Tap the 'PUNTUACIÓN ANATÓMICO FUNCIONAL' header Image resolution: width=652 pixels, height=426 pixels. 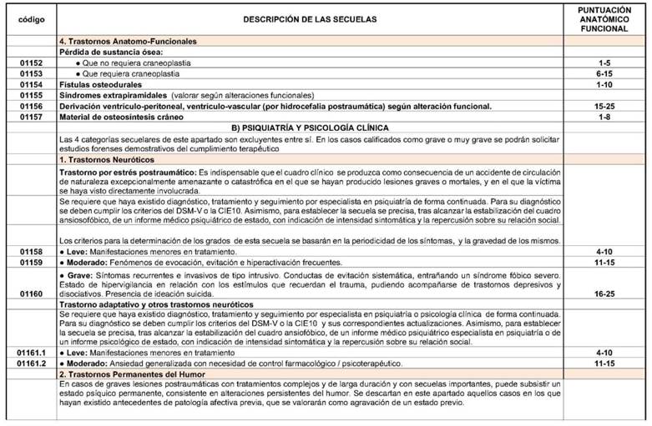pyautogui.click(x=604, y=18)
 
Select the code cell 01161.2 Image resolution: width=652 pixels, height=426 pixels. pyautogui.click(x=30, y=364)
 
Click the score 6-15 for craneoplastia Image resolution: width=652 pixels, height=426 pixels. pyautogui.click(x=604, y=73)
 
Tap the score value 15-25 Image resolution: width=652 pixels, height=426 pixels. pyautogui.click(x=604, y=106)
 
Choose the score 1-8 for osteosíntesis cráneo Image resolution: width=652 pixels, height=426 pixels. pyautogui.click(x=604, y=117)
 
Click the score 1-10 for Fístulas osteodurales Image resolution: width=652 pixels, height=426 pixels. pyautogui.click(x=604, y=84)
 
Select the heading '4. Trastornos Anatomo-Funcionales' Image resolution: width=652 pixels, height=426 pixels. pyautogui.click(x=129, y=41)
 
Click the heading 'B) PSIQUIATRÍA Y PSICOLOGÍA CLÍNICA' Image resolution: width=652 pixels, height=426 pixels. pyautogui.click(x=311, y=127)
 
